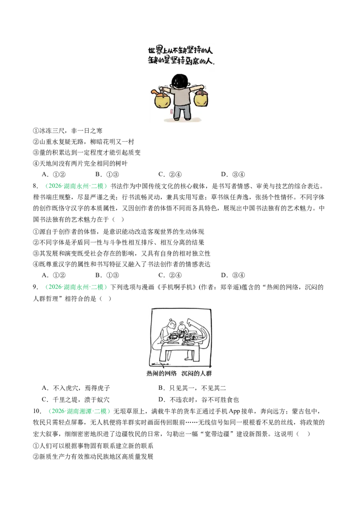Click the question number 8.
coord(36,186)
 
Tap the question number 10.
coord(37,411)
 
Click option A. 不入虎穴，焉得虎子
coord(76,388)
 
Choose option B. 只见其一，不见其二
coord(192,388)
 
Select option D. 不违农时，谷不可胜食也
coord(198,400)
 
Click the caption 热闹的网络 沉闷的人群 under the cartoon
coord(179,373)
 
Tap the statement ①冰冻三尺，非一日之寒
coord(67,131)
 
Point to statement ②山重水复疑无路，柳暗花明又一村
coord(84,142)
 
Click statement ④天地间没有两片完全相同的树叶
coord(80,163)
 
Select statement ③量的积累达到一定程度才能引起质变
coord(87,152)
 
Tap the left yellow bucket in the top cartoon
coord(162,100)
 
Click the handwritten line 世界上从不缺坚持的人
coord(180,50)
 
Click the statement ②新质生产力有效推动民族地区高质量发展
coord(93,456)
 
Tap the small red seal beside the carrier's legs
coord(172,112)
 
